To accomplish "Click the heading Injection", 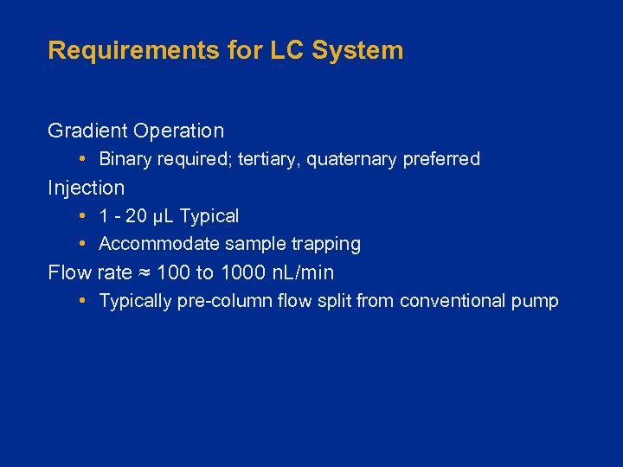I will [87, 188].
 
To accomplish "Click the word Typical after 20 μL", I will [209, 216].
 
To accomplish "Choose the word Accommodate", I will [159, 245].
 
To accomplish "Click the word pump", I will [537, 302].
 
